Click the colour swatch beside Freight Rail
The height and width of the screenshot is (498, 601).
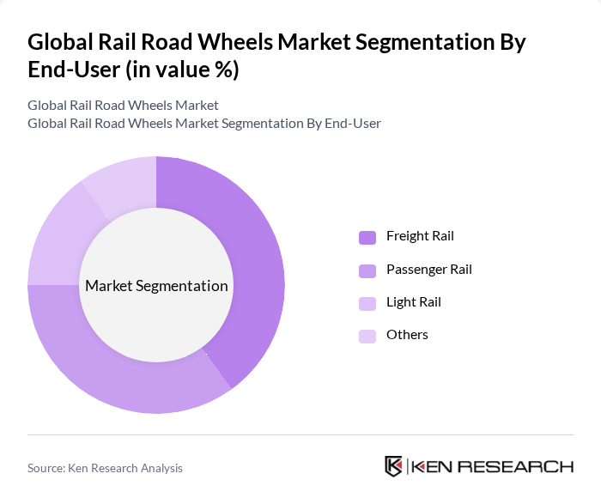click(367, 237)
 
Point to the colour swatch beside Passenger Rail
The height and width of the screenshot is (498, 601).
click(367, 270)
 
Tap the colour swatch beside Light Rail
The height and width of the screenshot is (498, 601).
click(367, 303)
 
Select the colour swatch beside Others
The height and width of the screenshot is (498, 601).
click(367, 336)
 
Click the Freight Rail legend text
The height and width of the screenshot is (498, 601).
click(420, 236)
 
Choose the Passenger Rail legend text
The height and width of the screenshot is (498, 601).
click(428, 270)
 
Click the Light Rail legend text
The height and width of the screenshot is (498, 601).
click(413, 302)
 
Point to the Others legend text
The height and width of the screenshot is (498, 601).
click(407, 335)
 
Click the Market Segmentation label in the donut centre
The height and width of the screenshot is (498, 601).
click(156, 286)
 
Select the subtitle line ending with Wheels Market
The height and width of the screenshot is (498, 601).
click(123, 106)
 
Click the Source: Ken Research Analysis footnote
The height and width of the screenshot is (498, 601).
click(105, 468)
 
